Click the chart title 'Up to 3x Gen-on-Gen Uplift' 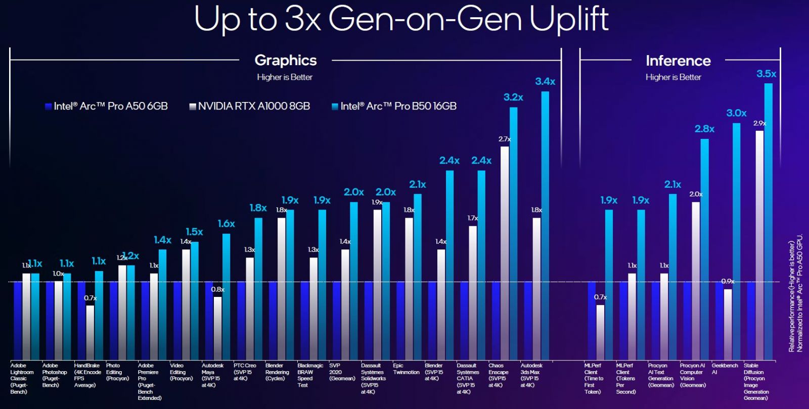click(401, 19)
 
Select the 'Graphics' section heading click(286, 60)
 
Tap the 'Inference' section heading click(678, 61)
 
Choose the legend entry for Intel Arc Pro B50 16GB click(394, 106)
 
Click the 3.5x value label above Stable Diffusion click(766, 74)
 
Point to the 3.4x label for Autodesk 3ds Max click(545, 81)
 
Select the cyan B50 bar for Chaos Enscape click(513, 232)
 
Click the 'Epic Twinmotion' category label click(406, 369)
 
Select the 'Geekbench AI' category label click(725, 369)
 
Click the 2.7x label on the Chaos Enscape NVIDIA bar click(505, 139)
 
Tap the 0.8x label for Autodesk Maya click(217, 289)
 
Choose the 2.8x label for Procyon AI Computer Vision click(704, 129)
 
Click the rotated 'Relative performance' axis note click(795, 293)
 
